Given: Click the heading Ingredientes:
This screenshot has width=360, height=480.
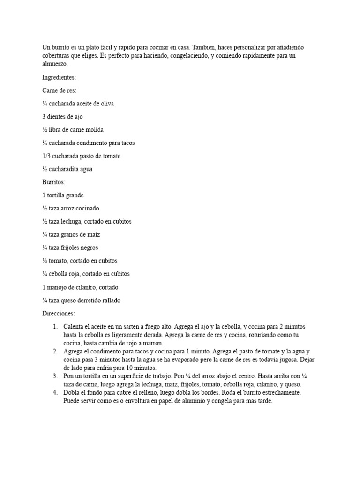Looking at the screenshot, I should click(x=59, y=77).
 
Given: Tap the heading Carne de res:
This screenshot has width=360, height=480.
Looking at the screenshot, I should click(x=59, y=90).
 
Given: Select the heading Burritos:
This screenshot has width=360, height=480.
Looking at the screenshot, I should click(x=53, y=182).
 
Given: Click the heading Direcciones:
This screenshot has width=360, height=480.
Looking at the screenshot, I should click(x=58, y=313).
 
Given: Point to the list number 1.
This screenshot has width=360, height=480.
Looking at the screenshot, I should click(x=55, y=326).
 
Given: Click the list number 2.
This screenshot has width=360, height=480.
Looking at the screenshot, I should click(x=55, y=351).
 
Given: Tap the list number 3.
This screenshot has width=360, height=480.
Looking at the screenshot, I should click(x=55, y=376).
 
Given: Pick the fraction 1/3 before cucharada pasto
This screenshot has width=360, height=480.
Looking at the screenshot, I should click(x=46, y=156).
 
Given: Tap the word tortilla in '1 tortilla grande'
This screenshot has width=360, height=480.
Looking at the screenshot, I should click(x=57, y=195).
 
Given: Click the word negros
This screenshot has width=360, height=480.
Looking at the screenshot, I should click(x=88, y=247).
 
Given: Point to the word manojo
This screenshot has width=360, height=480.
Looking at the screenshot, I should click(x=58, y=287).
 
